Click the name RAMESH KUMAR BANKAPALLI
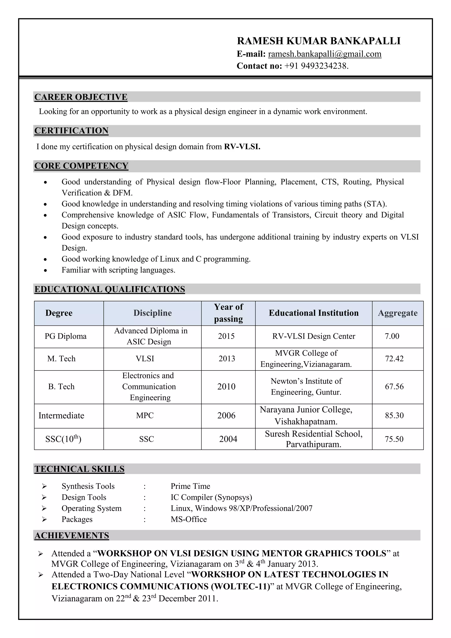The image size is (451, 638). pos(318,41)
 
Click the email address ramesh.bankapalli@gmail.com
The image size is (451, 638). pos(324,54)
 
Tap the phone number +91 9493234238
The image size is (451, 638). pos(316,66)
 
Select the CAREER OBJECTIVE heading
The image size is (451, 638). pos(81,97)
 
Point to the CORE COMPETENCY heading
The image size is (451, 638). pos(81,166)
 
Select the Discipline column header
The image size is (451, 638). pos(152,313)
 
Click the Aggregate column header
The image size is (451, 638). pos(397,313)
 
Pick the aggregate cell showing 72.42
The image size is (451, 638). pos(394,359)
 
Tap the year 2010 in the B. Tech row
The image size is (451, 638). pos(226,387)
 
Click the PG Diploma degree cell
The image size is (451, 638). pos(66,336)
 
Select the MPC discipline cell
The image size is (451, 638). pos(145,415)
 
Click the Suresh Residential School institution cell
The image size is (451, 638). pos(314,439)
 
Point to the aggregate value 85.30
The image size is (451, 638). pos(394,415)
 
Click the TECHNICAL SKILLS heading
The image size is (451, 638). pos(79,469)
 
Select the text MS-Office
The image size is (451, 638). pos(189,519)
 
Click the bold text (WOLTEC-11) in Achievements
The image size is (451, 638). pos(240,587)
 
